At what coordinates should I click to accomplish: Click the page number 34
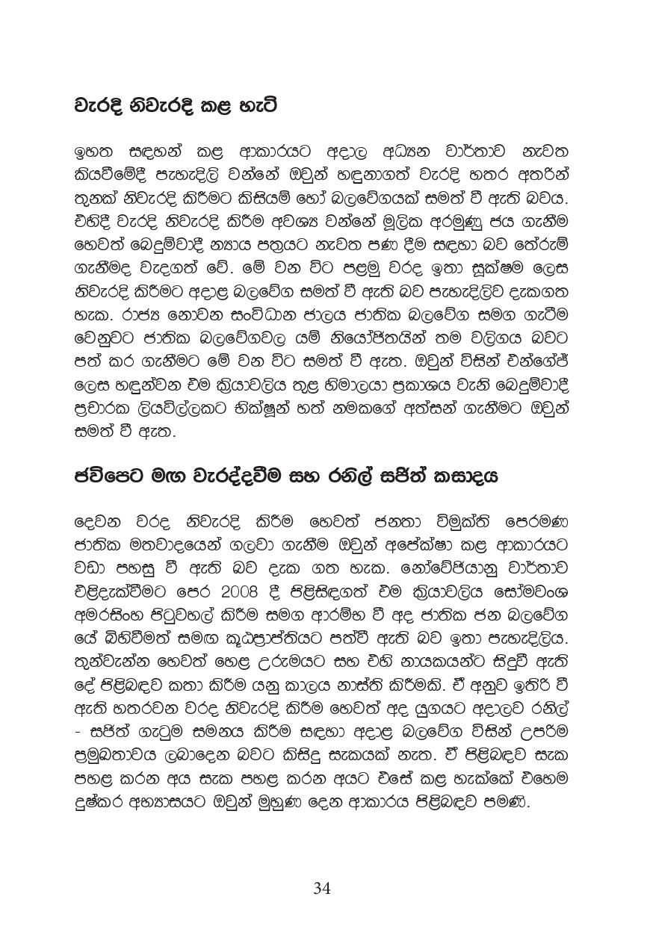point(322,888)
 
